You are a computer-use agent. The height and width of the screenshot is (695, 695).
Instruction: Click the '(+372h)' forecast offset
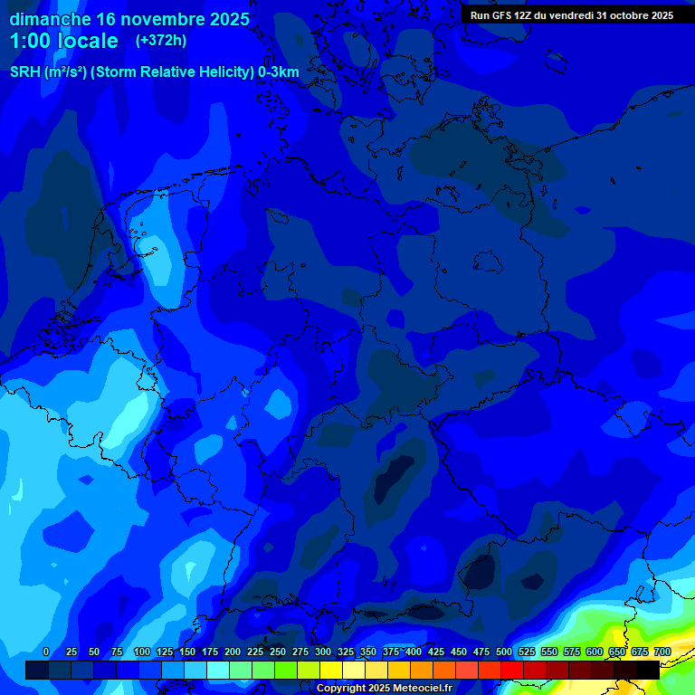tap(160, 41)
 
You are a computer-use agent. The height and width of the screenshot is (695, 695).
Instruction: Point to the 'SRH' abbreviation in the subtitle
tap(24, 72)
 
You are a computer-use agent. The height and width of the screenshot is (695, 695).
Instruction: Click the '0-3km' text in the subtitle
tap(278, 72)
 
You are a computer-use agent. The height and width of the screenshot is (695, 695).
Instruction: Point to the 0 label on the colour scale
tap(45, 652)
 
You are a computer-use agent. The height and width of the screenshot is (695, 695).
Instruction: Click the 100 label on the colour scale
tap(141, 652)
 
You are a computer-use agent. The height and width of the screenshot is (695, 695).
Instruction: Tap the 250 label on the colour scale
tap(277, 652)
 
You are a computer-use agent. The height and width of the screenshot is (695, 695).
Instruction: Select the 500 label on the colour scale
tap(503, 652)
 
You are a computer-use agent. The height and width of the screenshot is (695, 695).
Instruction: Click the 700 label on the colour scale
tap(662, 652)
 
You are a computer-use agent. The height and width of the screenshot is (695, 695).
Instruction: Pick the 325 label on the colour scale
tap(345, 652)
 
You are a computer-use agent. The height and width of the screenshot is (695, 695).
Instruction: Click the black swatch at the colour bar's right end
tap(647, 670)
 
